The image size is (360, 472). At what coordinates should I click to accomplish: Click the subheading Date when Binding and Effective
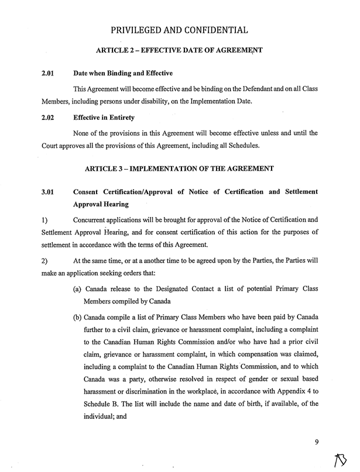tap(123, 74)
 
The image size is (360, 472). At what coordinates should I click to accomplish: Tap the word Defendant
tap(244, 88)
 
